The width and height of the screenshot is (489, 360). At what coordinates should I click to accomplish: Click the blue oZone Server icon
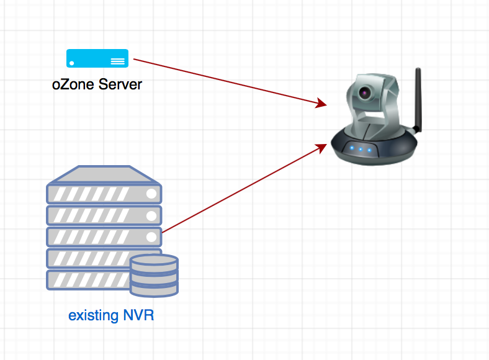(x=97, y=58)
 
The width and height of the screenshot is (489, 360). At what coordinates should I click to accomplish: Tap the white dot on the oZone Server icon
(x=72, y=63)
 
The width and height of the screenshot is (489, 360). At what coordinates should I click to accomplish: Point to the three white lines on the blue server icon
(x=117, y=61)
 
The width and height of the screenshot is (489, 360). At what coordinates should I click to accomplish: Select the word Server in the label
(x=120, y=84)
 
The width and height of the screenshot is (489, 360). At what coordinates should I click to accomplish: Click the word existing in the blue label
(x=94, y=315)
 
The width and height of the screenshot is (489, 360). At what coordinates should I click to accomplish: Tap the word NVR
(x=138, y=315)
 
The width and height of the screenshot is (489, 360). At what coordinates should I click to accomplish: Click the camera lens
(x=364, y=92)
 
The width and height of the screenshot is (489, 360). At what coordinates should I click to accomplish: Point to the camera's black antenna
(x=418, y=101)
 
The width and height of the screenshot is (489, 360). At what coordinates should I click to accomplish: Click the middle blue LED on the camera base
(x=361, y=149)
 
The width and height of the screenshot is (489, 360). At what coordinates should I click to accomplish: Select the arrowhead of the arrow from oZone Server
(x=321, y=103)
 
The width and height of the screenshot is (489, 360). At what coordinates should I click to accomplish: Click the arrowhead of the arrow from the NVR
(x=321, y=148)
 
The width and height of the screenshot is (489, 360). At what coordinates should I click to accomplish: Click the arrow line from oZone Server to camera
(x=230, y=82)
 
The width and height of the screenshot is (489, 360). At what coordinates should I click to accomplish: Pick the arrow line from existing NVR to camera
(x=244, y=188)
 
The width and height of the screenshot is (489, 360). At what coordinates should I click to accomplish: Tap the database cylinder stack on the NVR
(x=154, y=276)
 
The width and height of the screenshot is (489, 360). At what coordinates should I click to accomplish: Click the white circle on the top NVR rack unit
(x=151, y=194)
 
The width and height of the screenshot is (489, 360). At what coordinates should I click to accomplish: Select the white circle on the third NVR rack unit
(x=151, y=236)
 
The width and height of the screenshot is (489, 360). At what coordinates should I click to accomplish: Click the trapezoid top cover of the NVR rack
(x=104, y=174)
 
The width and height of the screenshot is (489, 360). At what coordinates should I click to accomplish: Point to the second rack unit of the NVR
(x=104, y=215)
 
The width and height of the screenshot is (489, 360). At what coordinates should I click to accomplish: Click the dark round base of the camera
(x=374, y=146)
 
